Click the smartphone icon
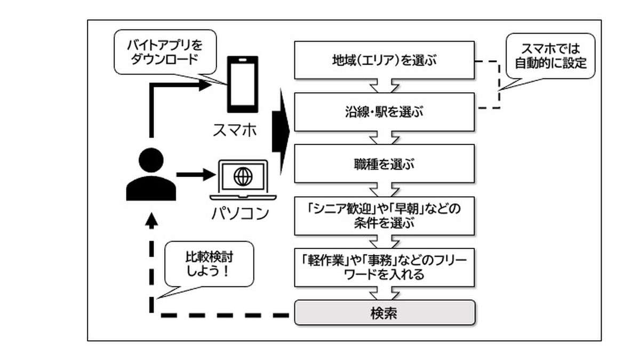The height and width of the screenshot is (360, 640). [241, 85]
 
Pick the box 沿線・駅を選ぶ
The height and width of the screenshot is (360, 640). [384, 112]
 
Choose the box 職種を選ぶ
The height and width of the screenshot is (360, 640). [384, 163]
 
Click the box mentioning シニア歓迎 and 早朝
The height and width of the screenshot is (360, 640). [384, 215]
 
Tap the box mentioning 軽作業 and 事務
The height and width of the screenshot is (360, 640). [384, 267]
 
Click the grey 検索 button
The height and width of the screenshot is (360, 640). [384, 313]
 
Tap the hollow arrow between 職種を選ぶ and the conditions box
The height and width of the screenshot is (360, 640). [384, 188]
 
